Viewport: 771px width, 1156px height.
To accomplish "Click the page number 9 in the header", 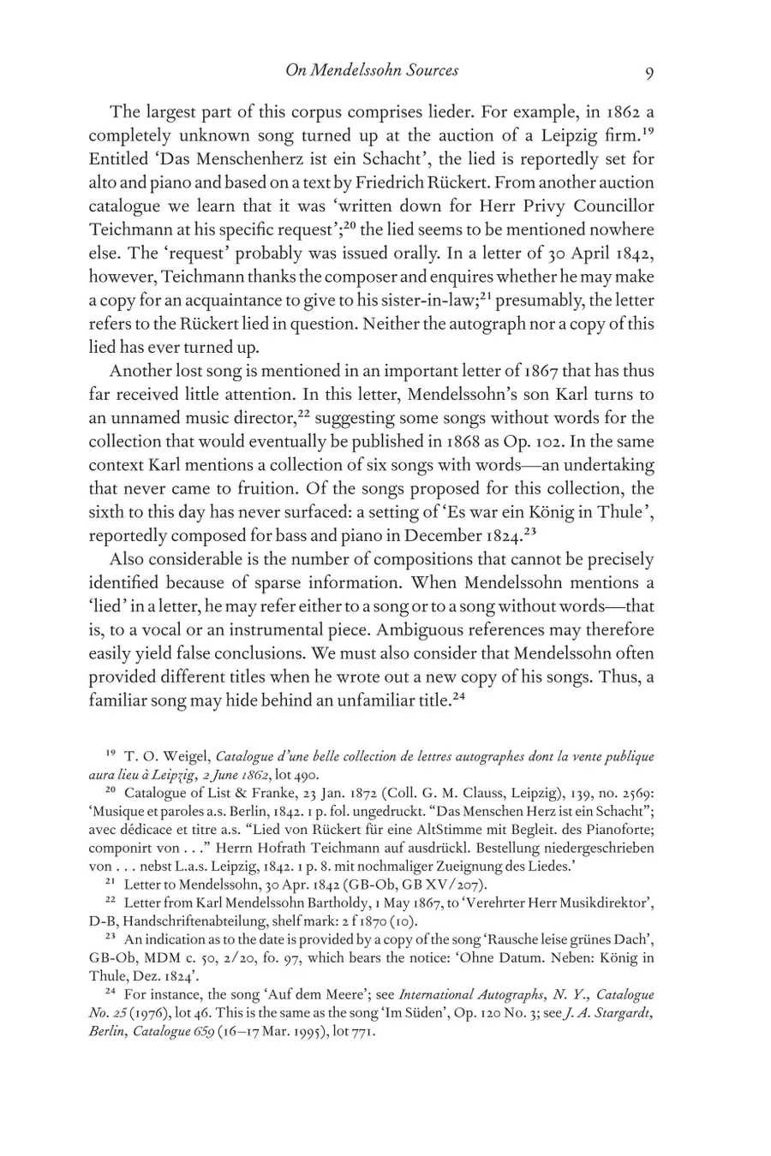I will (648, 72).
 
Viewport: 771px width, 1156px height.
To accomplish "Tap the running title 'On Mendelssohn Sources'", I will (371, 70).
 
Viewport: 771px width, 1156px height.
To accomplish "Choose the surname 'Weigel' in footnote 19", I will (182, 757).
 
